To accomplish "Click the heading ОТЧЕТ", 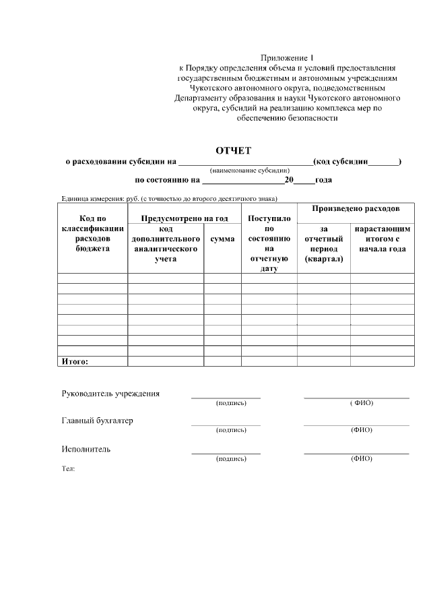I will coord(232,150).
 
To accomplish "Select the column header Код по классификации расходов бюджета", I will coord(92,233).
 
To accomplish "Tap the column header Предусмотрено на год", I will coord(184,218).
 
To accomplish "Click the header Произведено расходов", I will coord(356,209).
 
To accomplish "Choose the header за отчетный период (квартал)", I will coord(323,244).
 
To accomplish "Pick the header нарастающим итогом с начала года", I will coord(382,239).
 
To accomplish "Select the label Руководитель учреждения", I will coord(110,394).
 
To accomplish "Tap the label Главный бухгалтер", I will coord(98,421).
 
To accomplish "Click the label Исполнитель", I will coord(86,449).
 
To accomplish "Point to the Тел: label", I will coord(68,468).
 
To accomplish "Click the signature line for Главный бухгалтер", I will coord(226,425).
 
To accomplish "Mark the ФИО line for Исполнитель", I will coord(356,453).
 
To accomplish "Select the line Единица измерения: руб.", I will coord(169,198).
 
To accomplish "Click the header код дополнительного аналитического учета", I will coord(166,244).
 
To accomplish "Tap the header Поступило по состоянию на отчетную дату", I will coord(269,243).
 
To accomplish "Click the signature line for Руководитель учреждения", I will coord(226,398).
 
